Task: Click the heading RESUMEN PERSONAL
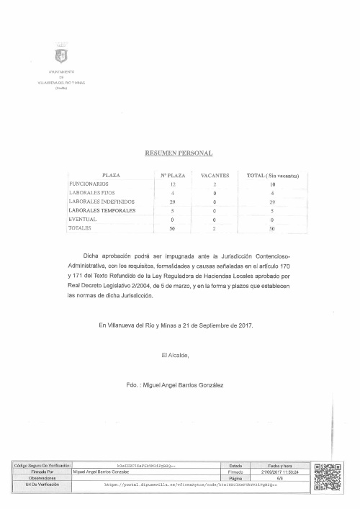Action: coord(180,153)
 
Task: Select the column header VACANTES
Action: coord(215,175)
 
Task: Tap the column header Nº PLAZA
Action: coord(173,175)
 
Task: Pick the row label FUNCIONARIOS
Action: coord(88,184)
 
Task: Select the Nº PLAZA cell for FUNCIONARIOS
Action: coord(173,185)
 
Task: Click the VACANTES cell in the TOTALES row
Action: coord(215,228)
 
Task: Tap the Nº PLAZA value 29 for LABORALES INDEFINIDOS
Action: coord(173,202)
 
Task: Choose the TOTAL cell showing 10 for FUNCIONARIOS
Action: coord(272,185)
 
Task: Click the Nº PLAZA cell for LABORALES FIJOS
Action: coord(173,194)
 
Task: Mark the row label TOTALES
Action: coord(80,228)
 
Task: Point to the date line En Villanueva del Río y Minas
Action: coord(176,325)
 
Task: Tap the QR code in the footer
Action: coord(328,477)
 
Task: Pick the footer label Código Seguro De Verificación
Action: coord(41,466)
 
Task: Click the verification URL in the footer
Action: coord(190,485)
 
